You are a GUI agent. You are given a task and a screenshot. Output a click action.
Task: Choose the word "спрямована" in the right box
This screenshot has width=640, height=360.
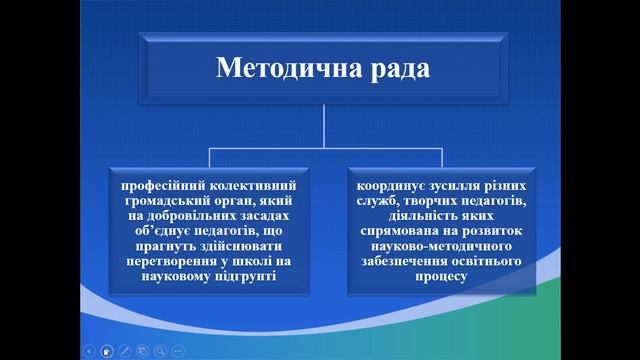pos(406,231)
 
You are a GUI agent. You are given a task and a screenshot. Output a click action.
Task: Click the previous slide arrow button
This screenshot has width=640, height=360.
pos(89,350)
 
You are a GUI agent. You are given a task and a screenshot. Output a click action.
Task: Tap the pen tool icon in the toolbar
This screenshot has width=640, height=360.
pos(124,350)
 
